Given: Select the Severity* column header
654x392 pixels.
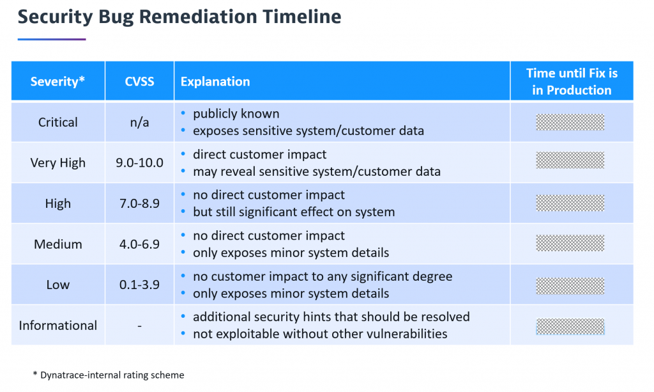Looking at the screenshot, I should (57, 81).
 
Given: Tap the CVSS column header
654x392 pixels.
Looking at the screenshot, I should (139, 81).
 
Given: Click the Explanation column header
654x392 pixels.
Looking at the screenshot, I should (215, 81).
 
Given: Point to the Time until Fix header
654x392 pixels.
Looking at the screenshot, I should (572, 81).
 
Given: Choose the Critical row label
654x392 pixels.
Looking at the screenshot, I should (57, 122).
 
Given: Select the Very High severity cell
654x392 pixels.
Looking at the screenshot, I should (57, 162).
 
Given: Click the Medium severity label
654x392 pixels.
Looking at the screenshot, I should (57, 244).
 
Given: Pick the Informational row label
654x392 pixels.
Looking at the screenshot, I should (57, 325).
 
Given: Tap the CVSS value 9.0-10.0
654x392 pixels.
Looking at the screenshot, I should (139, 162).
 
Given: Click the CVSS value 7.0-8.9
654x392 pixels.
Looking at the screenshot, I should (139, 203).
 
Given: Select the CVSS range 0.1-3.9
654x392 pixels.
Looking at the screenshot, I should (139, 285).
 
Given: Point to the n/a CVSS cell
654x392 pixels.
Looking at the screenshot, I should (139, 122).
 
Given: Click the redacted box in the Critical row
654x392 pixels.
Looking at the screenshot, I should (570, 122).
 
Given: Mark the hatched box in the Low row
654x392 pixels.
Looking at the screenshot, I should (570, 285).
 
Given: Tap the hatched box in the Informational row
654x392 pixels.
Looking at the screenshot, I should (570, 326).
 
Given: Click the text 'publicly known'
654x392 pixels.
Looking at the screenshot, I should (236, 114).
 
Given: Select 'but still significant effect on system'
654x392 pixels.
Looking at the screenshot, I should (294, 212).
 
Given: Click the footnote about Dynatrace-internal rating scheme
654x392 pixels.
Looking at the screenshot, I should (109, 375).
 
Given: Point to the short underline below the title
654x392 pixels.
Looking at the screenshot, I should (51, 39).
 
